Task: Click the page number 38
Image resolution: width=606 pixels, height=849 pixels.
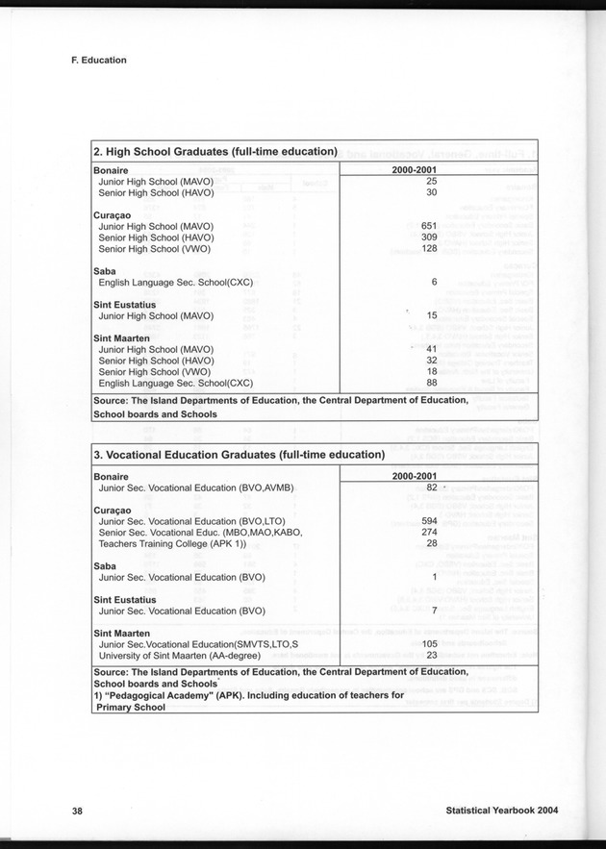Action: [77, 811]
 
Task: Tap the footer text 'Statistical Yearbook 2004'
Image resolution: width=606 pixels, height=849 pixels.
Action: [502, 811]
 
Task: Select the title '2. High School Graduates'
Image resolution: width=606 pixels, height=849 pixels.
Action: [215, 151]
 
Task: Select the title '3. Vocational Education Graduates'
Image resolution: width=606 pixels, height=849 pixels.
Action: [239, 455]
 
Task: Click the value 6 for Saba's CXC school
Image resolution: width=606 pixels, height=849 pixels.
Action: [434, 282]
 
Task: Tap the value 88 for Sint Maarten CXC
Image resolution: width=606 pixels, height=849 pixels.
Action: [431, 382]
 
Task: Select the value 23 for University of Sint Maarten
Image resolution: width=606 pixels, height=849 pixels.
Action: [431, 655]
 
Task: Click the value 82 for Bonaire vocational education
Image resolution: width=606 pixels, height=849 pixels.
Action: [431, 487]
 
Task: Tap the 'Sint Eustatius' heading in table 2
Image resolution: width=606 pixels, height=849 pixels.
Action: [123, 304]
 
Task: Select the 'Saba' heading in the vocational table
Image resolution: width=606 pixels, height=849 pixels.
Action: [104, 565]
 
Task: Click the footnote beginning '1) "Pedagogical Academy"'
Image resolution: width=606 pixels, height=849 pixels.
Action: [248, 694]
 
